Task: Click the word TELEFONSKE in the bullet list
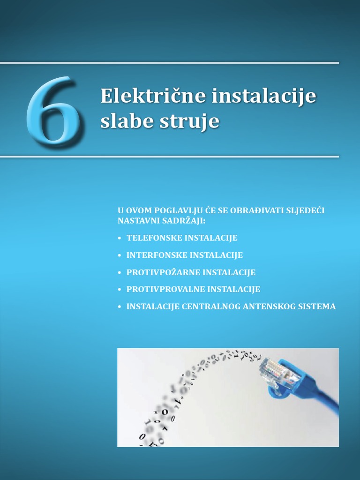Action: [154, 238]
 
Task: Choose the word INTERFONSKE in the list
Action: [157, 255]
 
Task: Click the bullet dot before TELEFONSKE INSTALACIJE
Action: [120, 239]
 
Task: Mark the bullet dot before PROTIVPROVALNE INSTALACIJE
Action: [120, 290]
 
